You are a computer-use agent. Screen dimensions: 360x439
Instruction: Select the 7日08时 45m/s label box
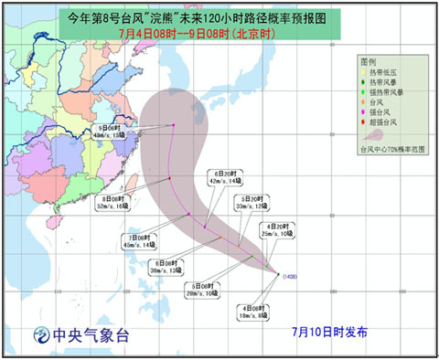tap(139, 240)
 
